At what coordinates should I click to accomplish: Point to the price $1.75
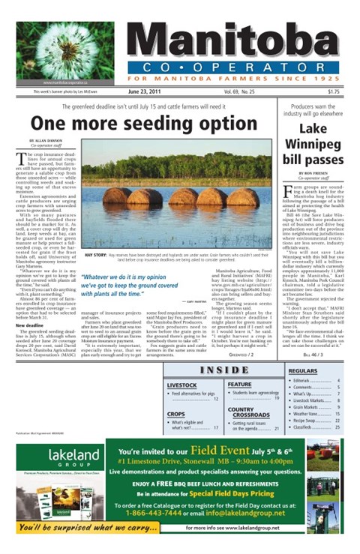pos(333,92)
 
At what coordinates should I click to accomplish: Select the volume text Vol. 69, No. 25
pos(238,92)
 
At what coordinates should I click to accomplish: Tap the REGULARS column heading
pos(303,370)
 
